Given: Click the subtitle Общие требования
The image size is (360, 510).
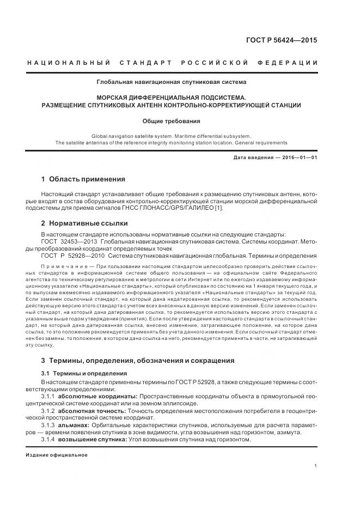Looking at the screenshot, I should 171,121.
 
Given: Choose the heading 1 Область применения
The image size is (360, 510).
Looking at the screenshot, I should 83,179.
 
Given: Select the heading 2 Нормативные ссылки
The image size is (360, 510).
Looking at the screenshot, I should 84,223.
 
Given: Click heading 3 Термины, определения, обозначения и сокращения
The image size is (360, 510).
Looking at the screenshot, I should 138,361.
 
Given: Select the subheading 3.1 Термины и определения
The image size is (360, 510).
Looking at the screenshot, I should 84,373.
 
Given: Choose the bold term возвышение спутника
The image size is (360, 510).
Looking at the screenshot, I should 91,439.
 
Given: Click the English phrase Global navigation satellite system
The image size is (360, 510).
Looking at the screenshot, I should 127,136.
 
